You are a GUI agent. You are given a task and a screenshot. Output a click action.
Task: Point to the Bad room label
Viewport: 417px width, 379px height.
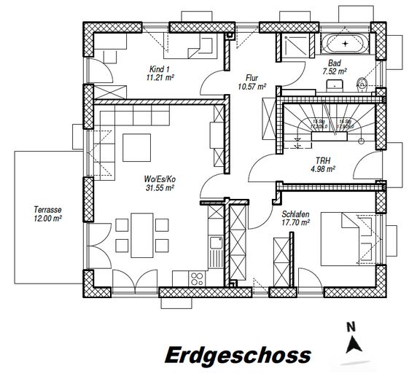click(x=335, y=63)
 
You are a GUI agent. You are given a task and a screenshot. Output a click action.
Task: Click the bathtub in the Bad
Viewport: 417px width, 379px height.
click(x=345, y=44)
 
